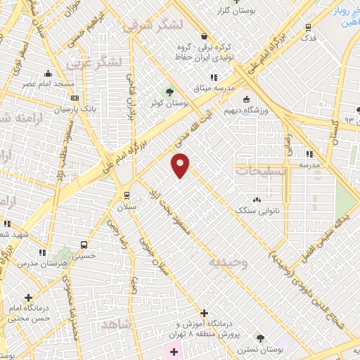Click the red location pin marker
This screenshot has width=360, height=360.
[181, 166]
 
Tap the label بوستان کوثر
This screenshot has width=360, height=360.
[169, 104]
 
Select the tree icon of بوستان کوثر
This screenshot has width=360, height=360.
[169, 91]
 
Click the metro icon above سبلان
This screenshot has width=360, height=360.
[127, 195]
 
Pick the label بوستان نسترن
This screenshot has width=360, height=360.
[261, 349]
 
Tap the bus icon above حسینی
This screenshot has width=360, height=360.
[84, 245]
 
